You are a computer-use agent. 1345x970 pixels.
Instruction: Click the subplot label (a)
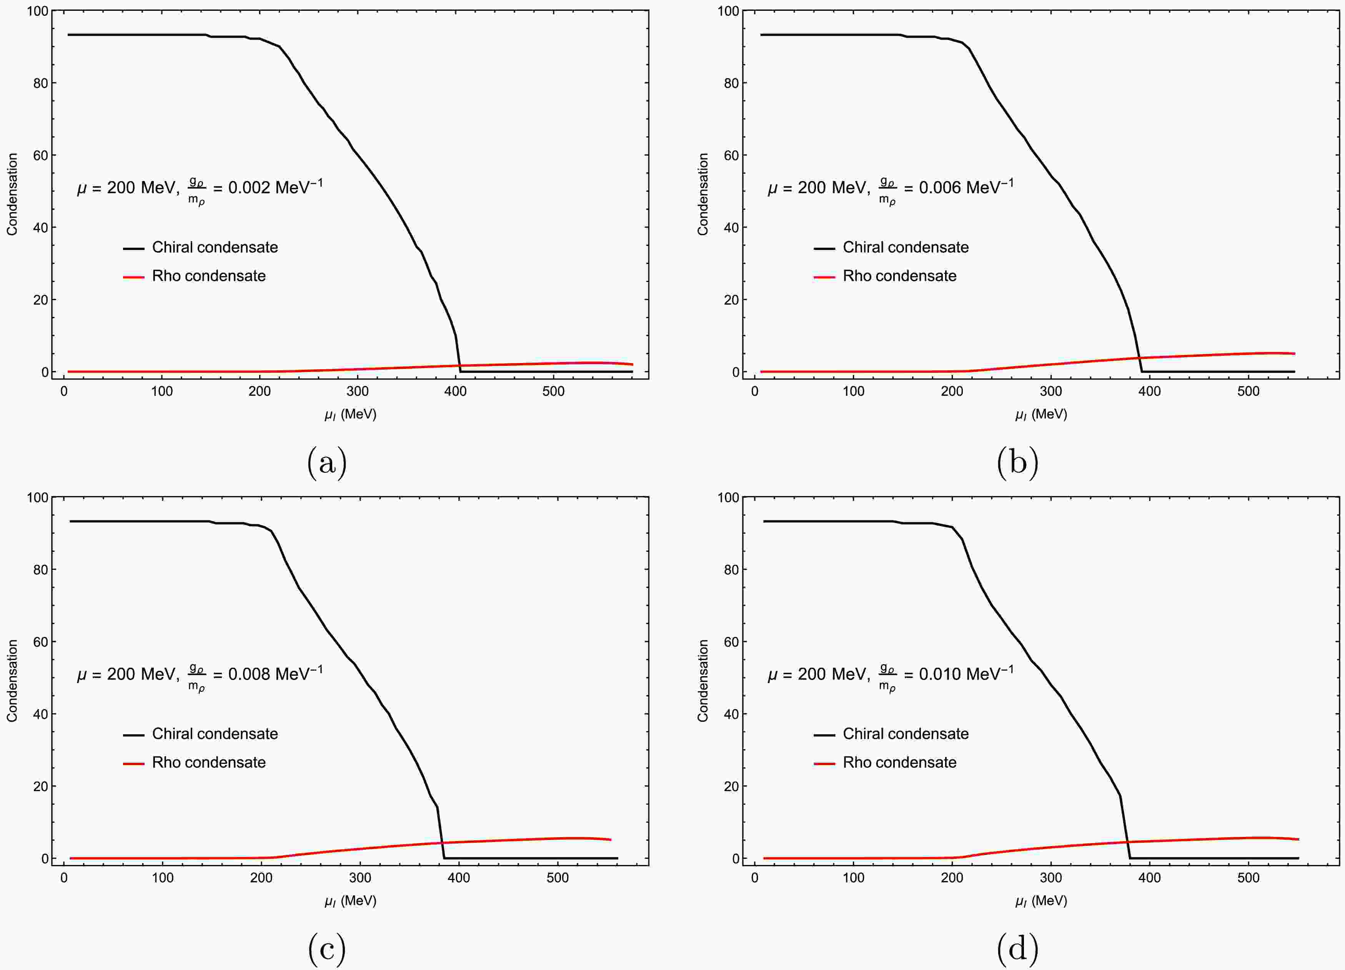coord(327,462)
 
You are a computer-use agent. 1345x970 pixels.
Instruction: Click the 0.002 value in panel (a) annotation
coord(250,188)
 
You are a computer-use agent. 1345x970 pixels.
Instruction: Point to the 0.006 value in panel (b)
coord(941,188)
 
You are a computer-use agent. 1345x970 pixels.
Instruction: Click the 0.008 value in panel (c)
coord(250,675)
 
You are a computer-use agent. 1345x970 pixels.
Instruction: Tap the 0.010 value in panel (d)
coord(941,675)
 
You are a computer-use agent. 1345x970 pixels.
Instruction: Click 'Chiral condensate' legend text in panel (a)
coord(215,247)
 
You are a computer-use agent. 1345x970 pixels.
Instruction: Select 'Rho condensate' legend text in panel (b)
coord(900,276)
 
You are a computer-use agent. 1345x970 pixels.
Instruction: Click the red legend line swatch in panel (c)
coord(134,763)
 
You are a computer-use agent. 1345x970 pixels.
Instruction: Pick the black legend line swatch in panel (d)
coord(824,735)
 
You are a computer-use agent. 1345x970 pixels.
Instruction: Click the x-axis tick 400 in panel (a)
coord(456,392)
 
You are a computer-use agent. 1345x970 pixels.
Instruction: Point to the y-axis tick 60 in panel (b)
coord(731,155)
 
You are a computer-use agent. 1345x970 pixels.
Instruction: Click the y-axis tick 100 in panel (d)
coord(728,497)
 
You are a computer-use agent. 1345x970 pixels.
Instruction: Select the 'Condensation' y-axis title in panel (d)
coord(703,680)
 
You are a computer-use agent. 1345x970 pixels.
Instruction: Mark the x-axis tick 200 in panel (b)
coord(952,392)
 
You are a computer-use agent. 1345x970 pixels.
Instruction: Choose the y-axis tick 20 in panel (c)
coord(41,786)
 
